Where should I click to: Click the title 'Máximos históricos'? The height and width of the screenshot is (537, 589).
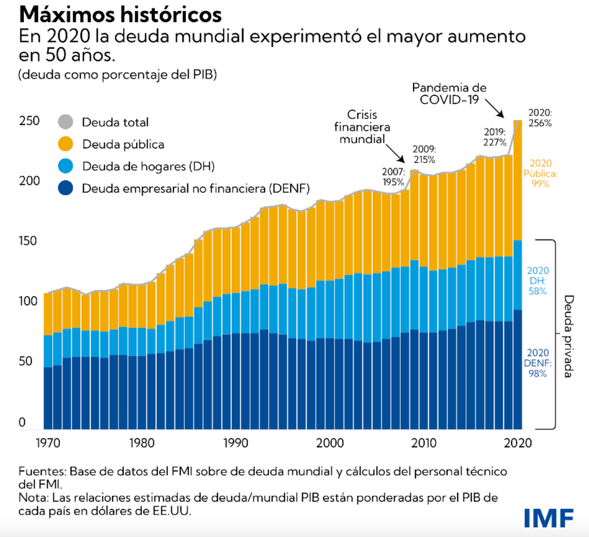point(120,15)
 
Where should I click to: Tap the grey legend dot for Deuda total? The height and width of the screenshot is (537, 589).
point(66,122)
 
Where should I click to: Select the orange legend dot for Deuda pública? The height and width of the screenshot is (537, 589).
point(66,144)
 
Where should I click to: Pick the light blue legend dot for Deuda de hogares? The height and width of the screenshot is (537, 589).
point(66,166)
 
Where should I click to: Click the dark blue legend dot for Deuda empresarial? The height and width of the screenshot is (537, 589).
point(66,188)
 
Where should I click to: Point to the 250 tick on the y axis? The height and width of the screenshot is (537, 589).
point(29,121)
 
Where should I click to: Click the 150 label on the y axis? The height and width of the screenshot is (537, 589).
point(28,241)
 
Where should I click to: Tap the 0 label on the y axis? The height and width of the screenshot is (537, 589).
point(22,422)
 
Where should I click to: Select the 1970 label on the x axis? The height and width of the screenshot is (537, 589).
point(48,443)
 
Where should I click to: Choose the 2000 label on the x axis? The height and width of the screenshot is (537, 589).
point(330,443)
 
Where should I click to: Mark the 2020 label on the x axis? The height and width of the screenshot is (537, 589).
point(518,443)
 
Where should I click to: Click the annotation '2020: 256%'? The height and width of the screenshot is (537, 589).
point(540,118)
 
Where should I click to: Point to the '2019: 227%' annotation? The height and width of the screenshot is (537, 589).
point(495,137)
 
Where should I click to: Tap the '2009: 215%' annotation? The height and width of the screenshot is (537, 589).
point(424,154)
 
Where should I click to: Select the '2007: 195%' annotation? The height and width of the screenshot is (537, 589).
point(393,177)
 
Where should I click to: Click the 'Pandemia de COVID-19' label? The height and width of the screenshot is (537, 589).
point(449,93)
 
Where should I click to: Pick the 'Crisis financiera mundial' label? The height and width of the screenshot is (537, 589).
point(362,127)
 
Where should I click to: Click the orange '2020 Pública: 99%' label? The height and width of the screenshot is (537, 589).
point(540,173)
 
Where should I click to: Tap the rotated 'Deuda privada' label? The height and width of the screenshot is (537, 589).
point(569,336)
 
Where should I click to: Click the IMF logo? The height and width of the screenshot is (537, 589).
point(549,517)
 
